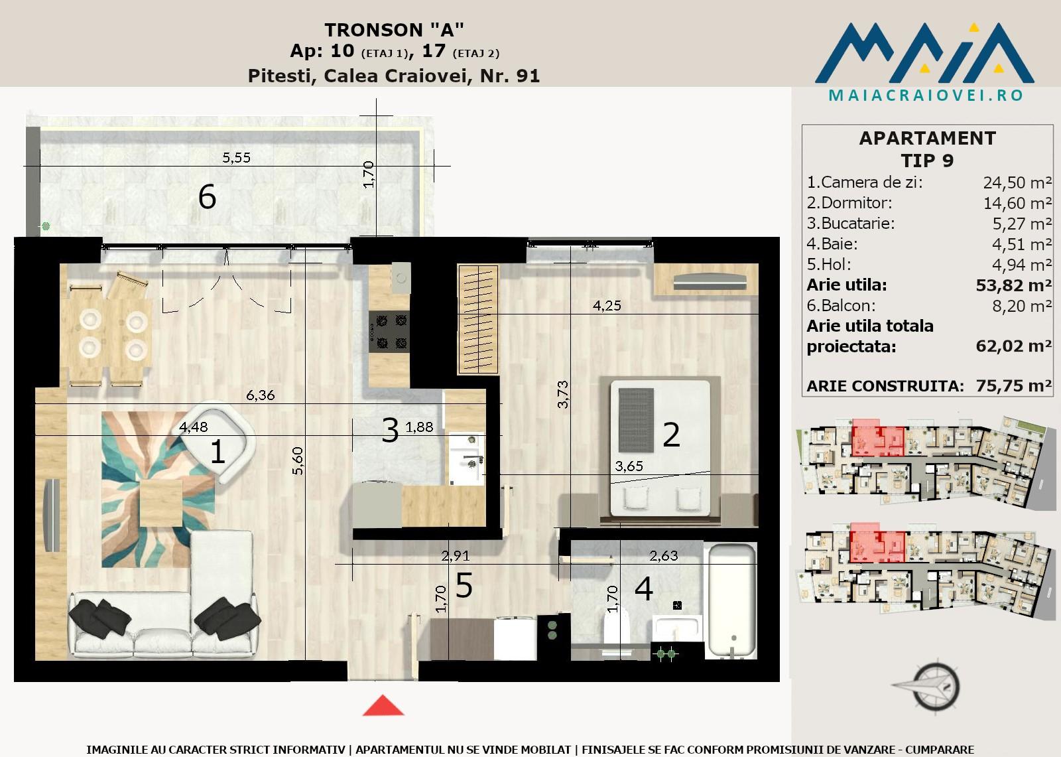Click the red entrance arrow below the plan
point(383,705)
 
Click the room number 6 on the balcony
point(208,197)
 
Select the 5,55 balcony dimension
point(236,157)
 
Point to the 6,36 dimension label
point(260,395)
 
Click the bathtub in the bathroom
point(731,601)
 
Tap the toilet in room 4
point(616,634)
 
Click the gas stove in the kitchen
point(389,331)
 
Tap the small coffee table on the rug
point(161,502)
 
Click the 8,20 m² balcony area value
point(1022,306)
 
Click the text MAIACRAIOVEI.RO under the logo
point(926,96)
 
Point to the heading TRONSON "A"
point(394,30)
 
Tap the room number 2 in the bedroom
point(671,435)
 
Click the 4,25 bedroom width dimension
point(607,306)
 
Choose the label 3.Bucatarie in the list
point(851,224)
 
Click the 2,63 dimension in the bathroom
point(663,555)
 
